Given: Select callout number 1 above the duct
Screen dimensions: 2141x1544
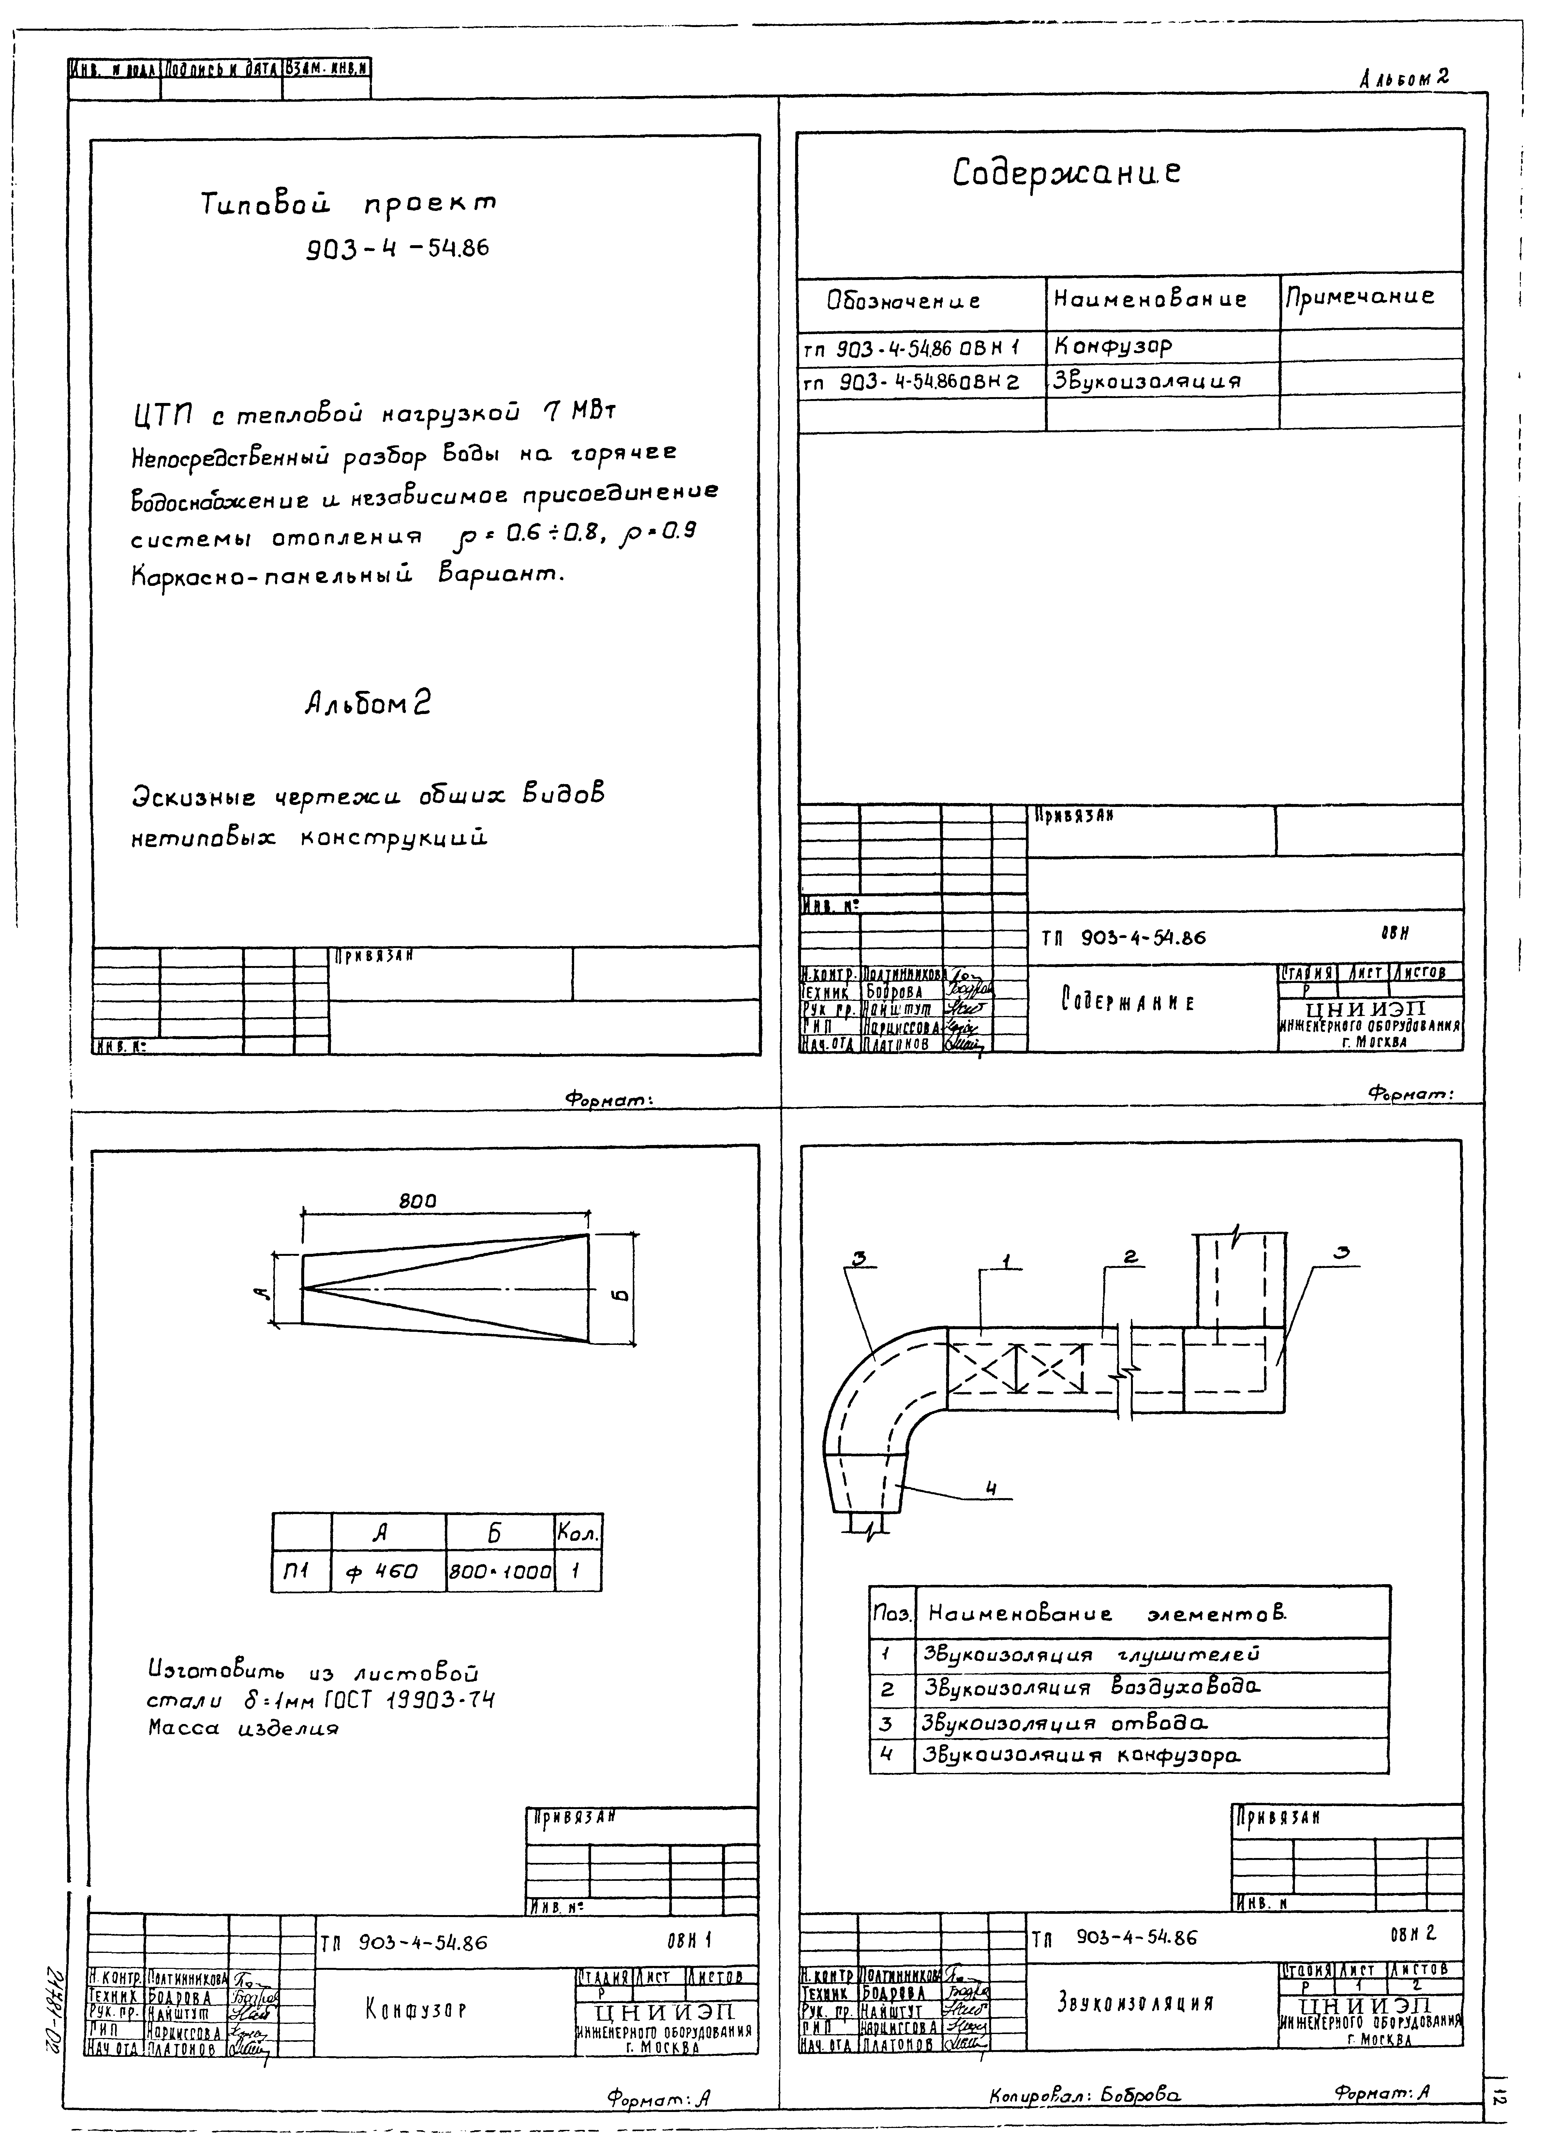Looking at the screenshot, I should pos(1007,1261).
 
